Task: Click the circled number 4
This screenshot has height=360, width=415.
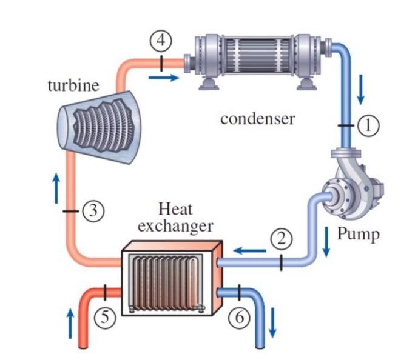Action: click(x=161, y=41)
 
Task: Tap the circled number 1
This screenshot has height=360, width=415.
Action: click(x=368, y=125)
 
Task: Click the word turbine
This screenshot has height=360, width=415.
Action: click(x=73, y=85)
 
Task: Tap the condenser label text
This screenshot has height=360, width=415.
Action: click(x=257, y=118)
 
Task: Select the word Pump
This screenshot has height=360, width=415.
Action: click(x=357, y=234)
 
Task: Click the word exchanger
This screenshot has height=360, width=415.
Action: click(x=176, y=227)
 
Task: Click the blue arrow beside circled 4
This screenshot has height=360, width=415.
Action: click(x=164, y=77)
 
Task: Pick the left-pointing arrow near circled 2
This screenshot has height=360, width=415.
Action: click(x=249, y=250)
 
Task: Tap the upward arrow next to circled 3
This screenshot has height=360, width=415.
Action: click(x=56, y=188)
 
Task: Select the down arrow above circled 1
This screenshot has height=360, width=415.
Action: click(x=361, y=90)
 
